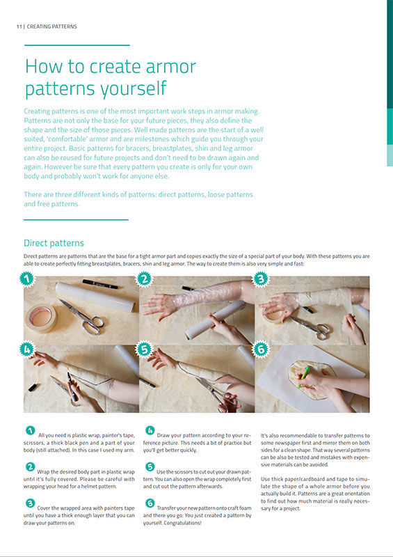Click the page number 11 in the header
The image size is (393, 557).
[x=19, y=26]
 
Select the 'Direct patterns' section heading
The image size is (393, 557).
[x=54, y=243]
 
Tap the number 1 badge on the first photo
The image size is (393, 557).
[x=27, y=279]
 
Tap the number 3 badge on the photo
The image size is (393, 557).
[x=261, y=279]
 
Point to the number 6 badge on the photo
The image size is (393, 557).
[x=261, y=350]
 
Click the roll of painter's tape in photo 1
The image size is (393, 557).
[x=41, y=318]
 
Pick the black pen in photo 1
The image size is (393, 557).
[x=99, y=284]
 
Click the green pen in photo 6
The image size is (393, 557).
[x=303, y=377]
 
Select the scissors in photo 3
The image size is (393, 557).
[x=310, y=327]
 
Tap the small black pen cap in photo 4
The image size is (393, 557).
[x=33, y=387]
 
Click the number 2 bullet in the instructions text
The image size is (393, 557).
[x=30, y=466]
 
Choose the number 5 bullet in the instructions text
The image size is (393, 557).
[x=150, y=466]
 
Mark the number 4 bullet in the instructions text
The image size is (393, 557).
[x=150, y=430]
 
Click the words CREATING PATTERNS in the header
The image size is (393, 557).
[x=52, y=26]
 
